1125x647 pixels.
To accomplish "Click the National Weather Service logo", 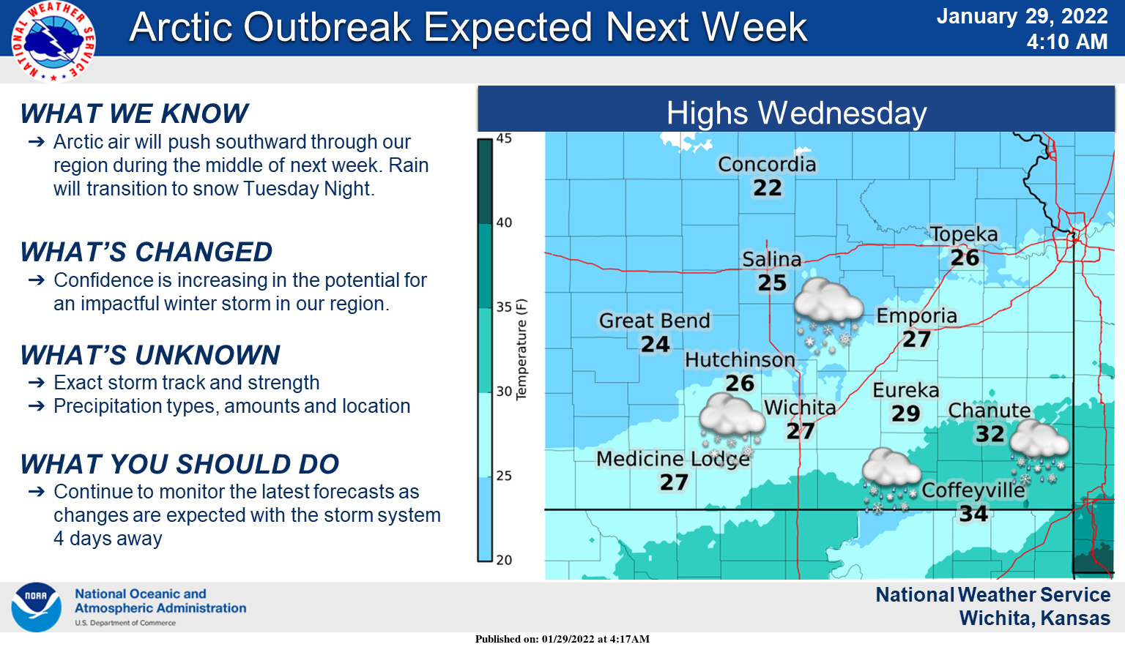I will [x=53, y=40].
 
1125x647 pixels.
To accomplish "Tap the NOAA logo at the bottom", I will [x=36, y=607].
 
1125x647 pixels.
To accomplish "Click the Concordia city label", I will [x=767, y=165].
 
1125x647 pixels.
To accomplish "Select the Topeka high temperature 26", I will [x=965, y=258].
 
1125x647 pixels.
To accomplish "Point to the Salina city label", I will [x=771, y=260].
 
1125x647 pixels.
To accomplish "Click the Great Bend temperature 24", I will [x=655, y=344].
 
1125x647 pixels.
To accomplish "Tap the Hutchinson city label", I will [x=740, y=360].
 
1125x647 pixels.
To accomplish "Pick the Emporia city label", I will [x=916, y=316].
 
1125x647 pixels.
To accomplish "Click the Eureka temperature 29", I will [x=905, y=414].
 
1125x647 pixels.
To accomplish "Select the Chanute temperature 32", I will [x=990, y=434].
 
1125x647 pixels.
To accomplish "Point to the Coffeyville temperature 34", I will [x=973, y=514].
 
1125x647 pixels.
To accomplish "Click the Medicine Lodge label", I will [x=673, y=459].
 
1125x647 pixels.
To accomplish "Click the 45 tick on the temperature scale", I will [x=504, y=138].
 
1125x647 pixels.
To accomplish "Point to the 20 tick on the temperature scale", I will [x=504, y=560].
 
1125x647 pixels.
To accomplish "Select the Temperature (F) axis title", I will [x=521, y=349].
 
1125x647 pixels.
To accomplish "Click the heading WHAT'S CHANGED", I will [x=146, y=252].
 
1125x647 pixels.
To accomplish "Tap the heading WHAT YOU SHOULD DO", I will [x=179, y=464].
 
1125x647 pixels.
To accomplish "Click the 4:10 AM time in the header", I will [x=1066, y=42].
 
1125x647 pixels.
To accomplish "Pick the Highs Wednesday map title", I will [x=796, y=113].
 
